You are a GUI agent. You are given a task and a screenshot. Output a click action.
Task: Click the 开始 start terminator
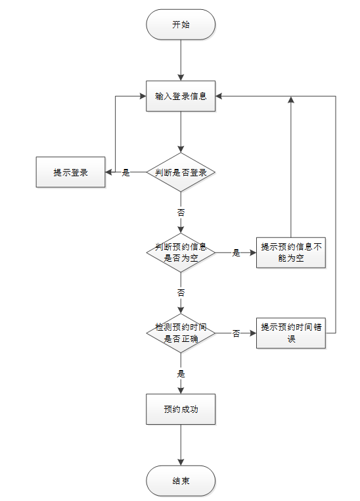tap(181, 24)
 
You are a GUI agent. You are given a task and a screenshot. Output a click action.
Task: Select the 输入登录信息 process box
tap(181, 96)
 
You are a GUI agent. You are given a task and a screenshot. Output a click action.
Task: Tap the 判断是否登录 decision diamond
tap(181, 172)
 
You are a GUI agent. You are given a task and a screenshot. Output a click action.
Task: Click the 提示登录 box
tap(70, 172)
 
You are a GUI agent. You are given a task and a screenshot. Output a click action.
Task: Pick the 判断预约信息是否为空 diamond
tap(181, 252)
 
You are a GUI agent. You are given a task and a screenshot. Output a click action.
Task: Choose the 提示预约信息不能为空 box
tap(291, 252)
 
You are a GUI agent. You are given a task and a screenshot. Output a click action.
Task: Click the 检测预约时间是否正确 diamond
tap(181, 333)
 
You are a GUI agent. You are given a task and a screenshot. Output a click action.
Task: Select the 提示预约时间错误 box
tap(291, 333)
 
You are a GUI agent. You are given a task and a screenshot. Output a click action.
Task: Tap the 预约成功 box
tap(181, 410)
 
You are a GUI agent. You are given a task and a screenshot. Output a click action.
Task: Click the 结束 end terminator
tap(181, 481)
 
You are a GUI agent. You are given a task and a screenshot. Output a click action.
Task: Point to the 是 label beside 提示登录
tap(125, 172)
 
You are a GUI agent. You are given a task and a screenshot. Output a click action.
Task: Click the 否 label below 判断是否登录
tap(181, 212)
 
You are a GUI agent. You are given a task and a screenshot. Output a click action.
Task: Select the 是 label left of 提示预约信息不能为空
tap(236, 253)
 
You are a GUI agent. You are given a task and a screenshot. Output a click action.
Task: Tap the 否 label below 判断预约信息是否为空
tap(181, 293)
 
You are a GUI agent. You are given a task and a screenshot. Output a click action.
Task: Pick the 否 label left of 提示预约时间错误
tap(236, 333)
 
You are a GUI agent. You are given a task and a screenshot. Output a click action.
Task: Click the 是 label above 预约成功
tap(181, 373)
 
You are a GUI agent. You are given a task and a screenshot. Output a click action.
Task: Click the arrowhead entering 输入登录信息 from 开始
tap(181, 78)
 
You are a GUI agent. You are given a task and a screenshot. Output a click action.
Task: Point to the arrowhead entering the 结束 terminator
tap(181, 462)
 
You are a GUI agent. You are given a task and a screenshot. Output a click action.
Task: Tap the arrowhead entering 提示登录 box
tap(108, 172)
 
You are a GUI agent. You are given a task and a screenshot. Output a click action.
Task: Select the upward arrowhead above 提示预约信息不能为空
tap(291, 99)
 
